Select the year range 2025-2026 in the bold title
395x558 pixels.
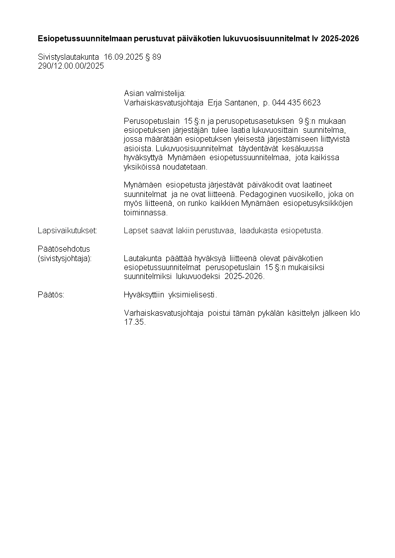pyautogui.click(x=340, y=38)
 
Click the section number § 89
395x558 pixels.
pyautogui.click(x=153, y=57)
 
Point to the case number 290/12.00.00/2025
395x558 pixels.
pyautogui.click(x=71, y=66)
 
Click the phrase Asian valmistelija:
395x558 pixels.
pyautogui.click(x=155, y=93)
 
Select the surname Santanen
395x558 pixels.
pyautogui.click(x=242, y=102)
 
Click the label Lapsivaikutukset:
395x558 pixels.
pyautogui.click(x=67, y=231)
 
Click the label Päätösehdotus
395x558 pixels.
pyautogui.click(x=64, y=249)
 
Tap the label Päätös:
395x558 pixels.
pyautogui.click(x=51, y=295)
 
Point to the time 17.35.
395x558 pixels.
pyautogui.click(x=134, y=322)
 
